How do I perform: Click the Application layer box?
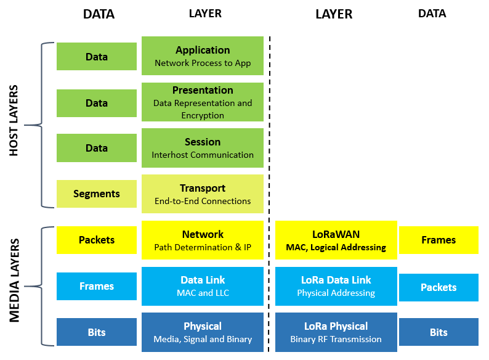(x=203, y=56)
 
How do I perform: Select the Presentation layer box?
(x=203, y=102)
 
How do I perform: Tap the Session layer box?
(x=203, y=148)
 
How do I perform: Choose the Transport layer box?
(x=203, y=194)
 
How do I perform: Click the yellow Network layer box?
(x=203, y=240)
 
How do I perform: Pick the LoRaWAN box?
(x=336, y=240)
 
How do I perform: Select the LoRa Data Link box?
(x=336, y=286)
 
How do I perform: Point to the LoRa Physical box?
(x=336, y=332)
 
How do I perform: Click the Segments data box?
(x=97, y=194)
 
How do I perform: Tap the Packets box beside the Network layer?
(x=97, y=240)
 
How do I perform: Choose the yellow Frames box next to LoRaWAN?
(x=438, y=240)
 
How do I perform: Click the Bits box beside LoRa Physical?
(x=438, y=332)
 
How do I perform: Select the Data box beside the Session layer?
(x=97, y=148)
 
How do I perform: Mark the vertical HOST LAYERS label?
(x=14, y=121)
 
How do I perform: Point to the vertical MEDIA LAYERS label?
(x=14, y=280)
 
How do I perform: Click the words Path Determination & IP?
(x=203, y=247)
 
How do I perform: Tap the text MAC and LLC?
(x=203, y=293)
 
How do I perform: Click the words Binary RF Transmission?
(x=336, y=339)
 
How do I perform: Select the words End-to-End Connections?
(x=203, y=201)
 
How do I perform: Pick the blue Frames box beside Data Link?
(x=97, y=286)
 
